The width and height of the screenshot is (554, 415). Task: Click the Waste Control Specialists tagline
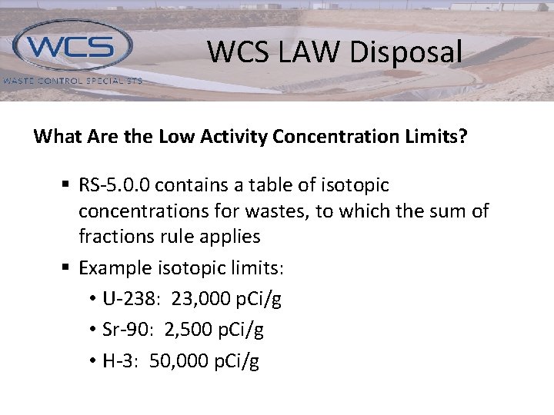coord(72,80)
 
